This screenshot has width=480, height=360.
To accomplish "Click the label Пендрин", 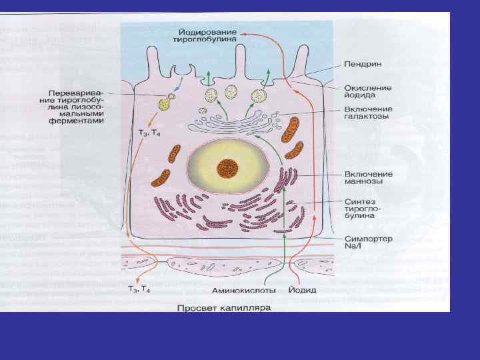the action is [363, 64].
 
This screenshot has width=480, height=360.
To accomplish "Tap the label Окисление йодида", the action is [368, 91].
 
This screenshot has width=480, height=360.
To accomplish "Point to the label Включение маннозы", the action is [369, 178].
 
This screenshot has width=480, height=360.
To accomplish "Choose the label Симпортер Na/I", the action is [369, 243].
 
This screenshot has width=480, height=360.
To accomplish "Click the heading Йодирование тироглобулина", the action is [209, 37].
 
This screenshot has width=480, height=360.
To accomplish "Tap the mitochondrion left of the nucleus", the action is [160, 178].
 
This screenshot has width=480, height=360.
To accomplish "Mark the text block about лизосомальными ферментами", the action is [77, 107].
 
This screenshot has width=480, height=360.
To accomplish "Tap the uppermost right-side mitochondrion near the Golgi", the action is [291, 131].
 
